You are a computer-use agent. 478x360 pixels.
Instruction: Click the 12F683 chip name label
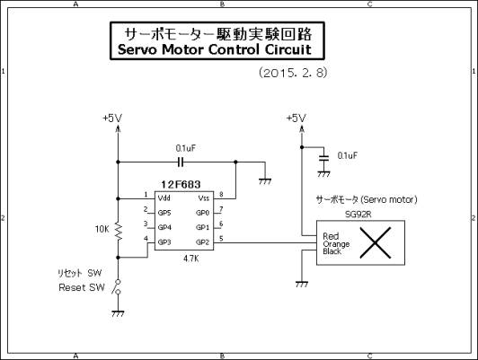181,185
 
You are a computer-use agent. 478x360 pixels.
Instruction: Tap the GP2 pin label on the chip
203,242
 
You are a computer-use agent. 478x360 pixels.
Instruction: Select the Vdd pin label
164,198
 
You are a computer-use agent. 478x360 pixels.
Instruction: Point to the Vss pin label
204,198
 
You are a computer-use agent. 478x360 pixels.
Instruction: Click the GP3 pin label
164,242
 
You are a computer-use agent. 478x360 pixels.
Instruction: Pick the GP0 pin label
203,213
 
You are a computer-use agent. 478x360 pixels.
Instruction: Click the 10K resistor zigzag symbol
119,232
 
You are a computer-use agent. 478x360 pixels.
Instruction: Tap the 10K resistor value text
102,229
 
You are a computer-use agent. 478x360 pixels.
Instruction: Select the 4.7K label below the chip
191,259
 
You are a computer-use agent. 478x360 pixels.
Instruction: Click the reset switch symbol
117,287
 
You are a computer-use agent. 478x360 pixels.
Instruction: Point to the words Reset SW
82,287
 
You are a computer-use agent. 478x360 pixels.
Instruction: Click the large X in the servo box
376,242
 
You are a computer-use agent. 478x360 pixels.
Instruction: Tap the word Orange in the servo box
336,244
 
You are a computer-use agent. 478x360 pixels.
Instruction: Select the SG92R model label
358,215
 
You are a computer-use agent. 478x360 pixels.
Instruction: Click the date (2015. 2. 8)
293,73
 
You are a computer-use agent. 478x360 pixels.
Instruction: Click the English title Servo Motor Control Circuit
215,49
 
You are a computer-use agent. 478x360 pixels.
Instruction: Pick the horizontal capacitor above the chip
181,162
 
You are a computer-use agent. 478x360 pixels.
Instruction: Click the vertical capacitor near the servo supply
323,158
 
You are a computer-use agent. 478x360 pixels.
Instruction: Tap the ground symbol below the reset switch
118,313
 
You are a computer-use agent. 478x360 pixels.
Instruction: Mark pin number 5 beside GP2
221,239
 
